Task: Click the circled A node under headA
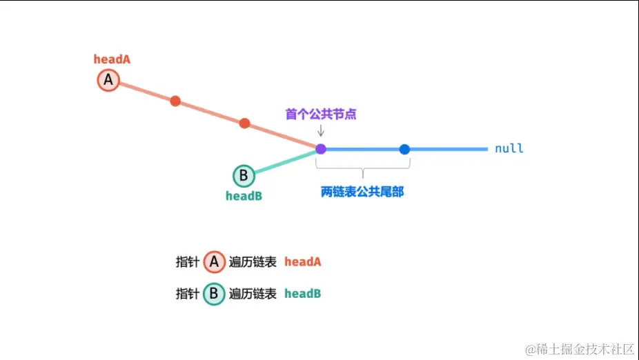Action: pos(108,81)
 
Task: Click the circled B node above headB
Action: pos(244,175)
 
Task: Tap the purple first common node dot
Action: pos(321,148)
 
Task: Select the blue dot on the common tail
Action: pos(404,149)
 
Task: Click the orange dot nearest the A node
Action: pos(175,101)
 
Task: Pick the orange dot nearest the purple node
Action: pos(244,123)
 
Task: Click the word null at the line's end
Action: pos(509,148)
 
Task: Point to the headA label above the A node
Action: pos(112,59)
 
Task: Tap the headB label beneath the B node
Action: pos(244,196)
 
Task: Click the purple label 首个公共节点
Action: pos(321,114)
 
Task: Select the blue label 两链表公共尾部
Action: pos(362,192)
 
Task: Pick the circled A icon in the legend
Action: pos(214,262)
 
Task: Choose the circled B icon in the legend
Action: pos(214,294)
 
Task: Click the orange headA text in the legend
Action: pos(302,262)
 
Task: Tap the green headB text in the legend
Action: pos(302,294)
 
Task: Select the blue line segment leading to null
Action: pos(449,149)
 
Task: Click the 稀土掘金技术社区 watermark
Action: pos(580,348)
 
